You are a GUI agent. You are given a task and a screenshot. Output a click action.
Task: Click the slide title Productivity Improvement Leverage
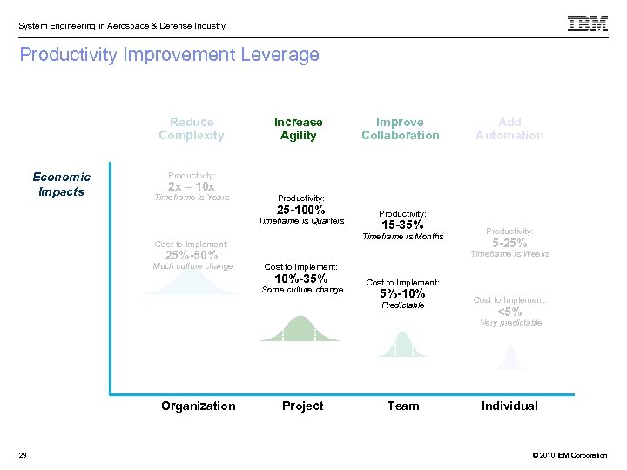click(170, 55)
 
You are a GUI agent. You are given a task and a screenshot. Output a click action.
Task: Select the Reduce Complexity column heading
click(192, 129)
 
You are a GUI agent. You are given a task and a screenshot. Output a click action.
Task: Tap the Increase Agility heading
click(298, 129)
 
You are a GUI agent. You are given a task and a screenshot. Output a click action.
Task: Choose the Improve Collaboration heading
click(400, 129)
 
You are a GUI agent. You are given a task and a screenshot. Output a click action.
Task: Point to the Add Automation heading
click(509, 129)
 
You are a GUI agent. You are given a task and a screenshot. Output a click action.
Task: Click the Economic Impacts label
click(61, 185)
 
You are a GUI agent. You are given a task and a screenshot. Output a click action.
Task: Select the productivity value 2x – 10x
click(192, 186)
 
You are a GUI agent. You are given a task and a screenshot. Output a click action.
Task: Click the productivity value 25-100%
click(301, 210)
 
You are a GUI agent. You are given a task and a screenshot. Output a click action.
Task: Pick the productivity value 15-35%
click(402, 225)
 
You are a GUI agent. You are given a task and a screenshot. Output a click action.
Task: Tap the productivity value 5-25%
click(509, 243)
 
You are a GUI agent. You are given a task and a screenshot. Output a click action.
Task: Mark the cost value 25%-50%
click(192, 256)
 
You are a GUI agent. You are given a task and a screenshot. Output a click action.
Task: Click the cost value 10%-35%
click(301, 279)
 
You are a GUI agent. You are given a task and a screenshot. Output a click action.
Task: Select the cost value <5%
click(509, 312)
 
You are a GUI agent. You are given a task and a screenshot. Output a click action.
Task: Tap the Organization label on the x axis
click(199, 406)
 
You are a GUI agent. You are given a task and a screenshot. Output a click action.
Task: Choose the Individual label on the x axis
click(509, 406)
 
